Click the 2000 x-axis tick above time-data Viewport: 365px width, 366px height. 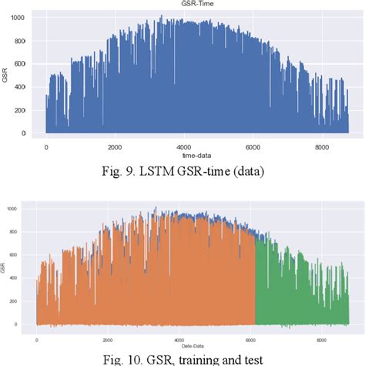(114, 146)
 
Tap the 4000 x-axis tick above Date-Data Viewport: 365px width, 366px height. (180, 338)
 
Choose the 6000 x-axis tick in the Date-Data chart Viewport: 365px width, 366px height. (251, 338)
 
